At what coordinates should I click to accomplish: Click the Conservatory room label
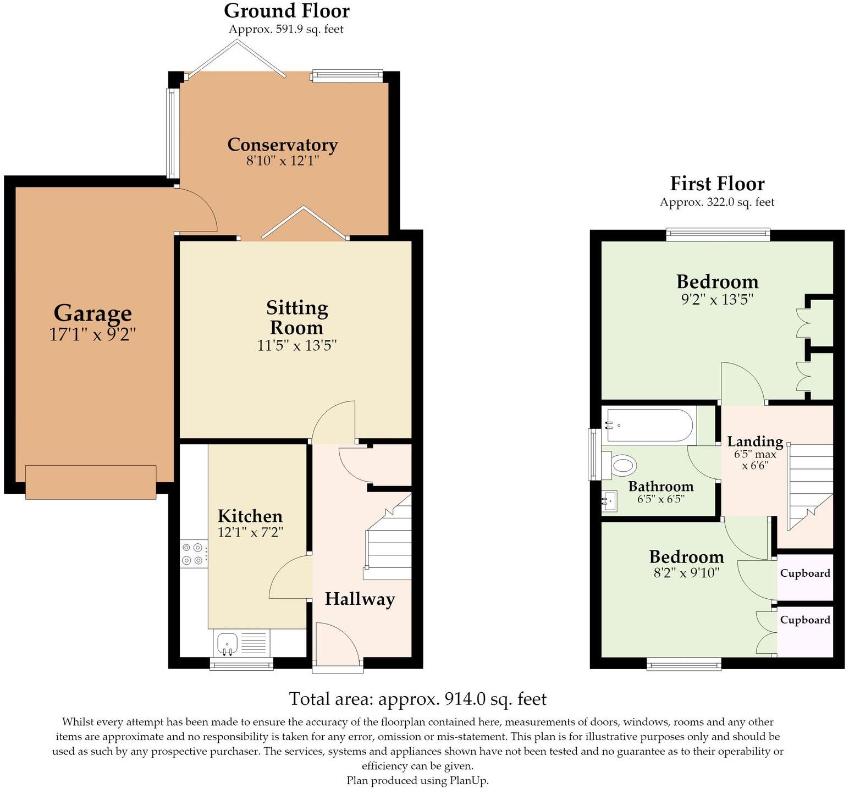[283, 145]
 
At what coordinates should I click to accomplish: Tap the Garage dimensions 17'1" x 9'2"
[92, 334]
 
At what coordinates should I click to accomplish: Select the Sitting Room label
[297, 318]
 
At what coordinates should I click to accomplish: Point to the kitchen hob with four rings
[195, 554]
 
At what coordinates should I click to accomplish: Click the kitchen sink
[227, 643]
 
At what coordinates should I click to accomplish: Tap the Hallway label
[360, 599]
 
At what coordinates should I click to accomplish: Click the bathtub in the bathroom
[649, 425]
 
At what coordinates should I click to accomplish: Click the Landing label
[755, 442]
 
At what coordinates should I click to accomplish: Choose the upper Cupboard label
[805, 573]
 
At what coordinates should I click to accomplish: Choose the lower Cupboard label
[805, 620]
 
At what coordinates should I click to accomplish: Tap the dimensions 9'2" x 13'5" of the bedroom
[717, 300]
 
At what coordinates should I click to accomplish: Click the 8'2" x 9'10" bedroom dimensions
[686, 573]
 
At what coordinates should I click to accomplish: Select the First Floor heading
[717, 183]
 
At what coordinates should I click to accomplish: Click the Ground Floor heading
[286, 10]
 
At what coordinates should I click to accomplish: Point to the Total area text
[418, 699]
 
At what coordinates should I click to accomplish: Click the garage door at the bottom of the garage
[91, 482]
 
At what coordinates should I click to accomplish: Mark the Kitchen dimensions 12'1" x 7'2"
[250, 532]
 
